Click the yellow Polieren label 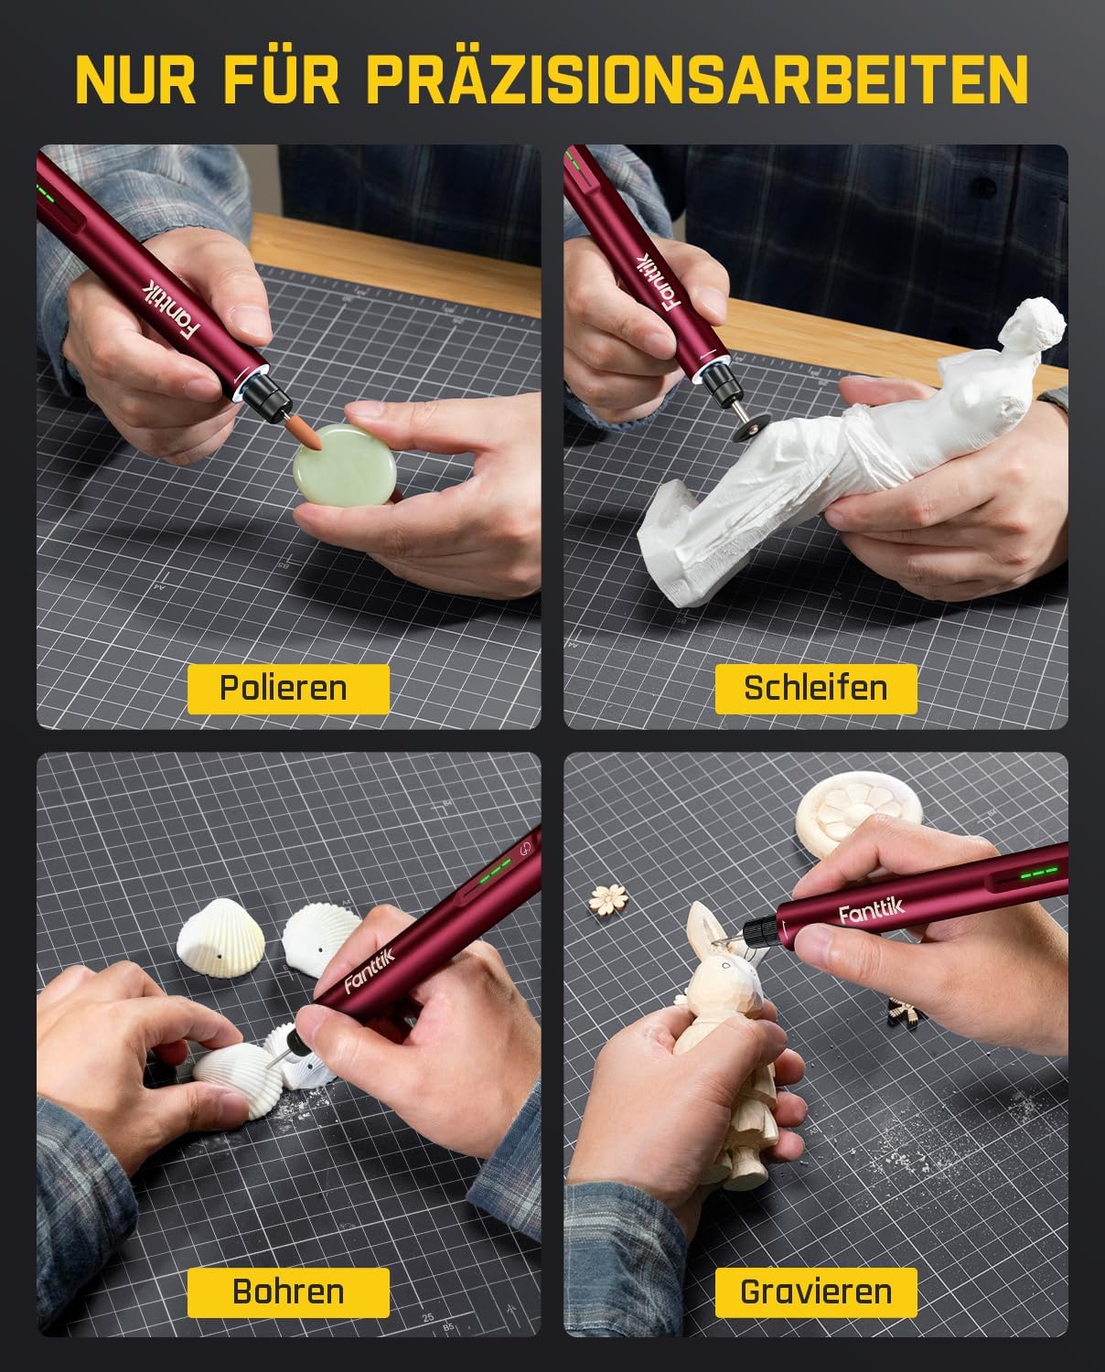[288, 689]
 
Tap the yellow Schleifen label [816, 689]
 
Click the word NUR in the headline [135, 80]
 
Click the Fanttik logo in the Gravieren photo [872, 912]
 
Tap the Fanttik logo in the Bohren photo [370, 970]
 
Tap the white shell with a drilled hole [220, 938]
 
